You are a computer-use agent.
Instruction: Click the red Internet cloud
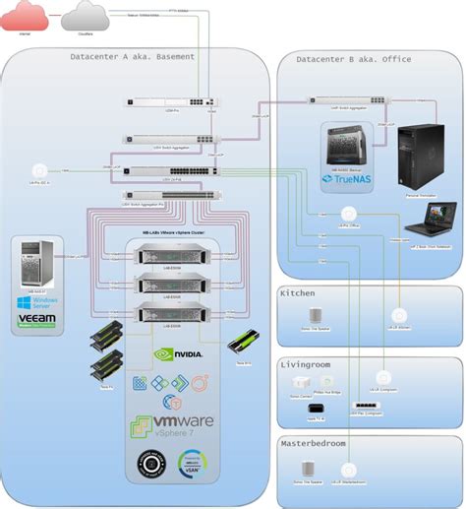(x=25, y=15)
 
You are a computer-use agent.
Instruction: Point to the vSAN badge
(x=191, y=464)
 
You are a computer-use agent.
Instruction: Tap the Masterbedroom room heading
(x=315, y=443)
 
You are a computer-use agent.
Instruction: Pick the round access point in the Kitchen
(x=397, y=315)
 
